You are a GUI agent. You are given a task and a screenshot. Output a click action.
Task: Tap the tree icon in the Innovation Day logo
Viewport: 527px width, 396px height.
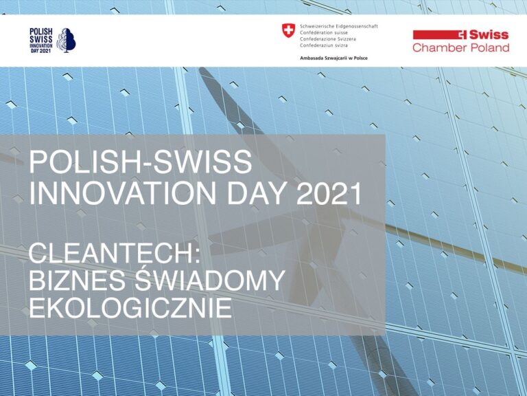pyautogui.click(x=67, y=41)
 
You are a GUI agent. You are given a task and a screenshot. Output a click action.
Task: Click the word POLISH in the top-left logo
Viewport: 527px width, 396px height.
pyautogui.click(x=41, y=31)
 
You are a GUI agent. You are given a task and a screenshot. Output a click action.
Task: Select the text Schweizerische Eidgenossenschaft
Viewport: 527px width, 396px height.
pyautogui.click(x=338, y=26)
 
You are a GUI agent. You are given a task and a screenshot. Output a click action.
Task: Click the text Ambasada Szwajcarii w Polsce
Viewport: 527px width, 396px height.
pyautogui.click(x=333, y=58)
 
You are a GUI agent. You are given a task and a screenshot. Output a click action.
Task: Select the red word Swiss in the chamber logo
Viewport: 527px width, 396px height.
pyautogui.click(x=488, y=34)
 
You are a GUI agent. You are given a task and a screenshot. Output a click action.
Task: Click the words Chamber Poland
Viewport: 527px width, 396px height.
pyautogui.click(x=460, y=48)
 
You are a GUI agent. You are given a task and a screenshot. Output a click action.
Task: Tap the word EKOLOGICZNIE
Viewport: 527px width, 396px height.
pyautogui.click(x=130, y=307)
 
